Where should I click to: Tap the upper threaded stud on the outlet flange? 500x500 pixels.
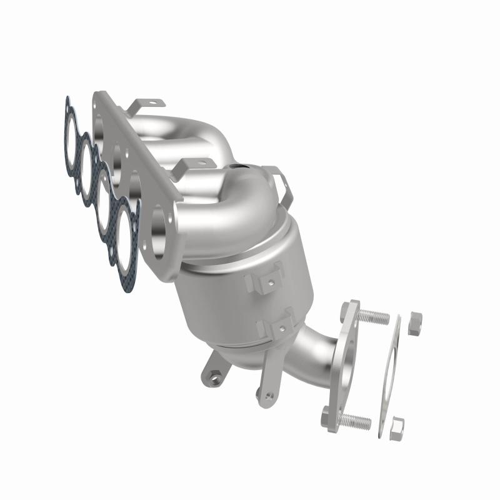(x=373, y=316)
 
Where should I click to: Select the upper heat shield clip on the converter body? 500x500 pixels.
(x=261, y=281)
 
